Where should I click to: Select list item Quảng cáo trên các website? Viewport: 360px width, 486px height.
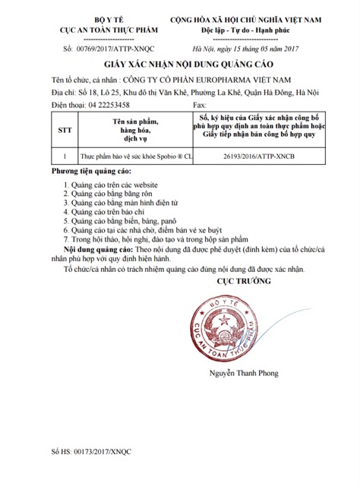click(x=115, y=185)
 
